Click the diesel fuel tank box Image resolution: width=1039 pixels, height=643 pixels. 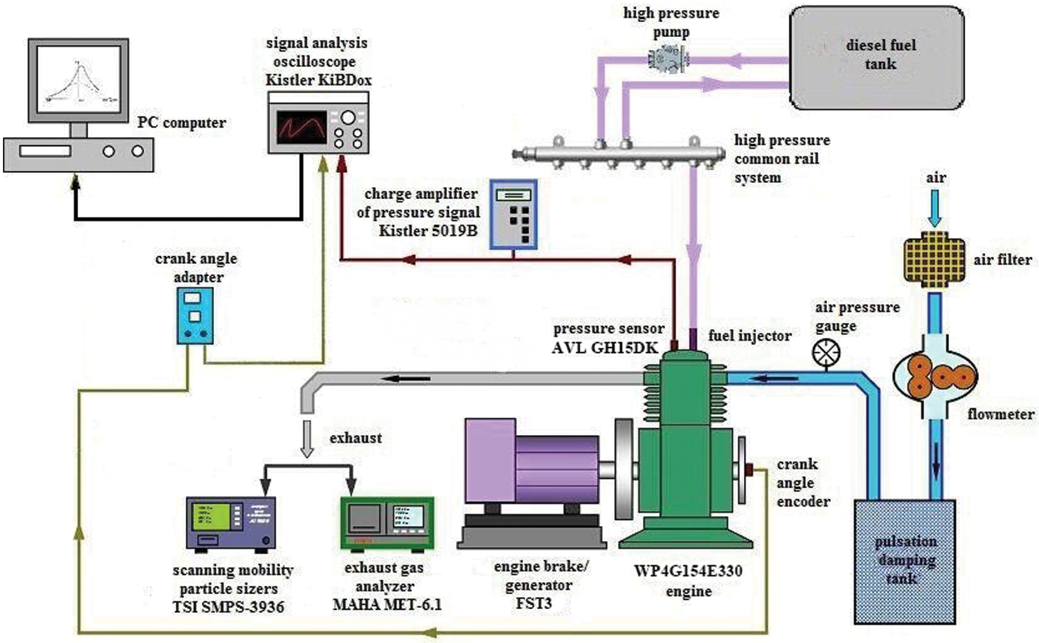click(876, 57)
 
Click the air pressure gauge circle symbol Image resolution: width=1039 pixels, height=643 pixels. click(826, 353)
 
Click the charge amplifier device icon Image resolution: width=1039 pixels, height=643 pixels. click(514, 215)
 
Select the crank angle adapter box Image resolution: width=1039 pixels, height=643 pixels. click(195, 315)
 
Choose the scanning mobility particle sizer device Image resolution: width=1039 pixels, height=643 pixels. click(231, 522)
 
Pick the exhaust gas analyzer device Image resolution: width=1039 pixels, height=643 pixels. click(387, 522)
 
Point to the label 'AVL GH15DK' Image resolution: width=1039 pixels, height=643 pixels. click(605, 347)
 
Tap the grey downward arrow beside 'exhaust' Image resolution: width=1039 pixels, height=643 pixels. click(307, 438)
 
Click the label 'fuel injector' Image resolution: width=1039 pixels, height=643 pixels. click(749, 336)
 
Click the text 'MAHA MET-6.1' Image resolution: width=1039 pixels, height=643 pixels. click(387, 604)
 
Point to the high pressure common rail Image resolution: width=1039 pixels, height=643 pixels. click(620, 154)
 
